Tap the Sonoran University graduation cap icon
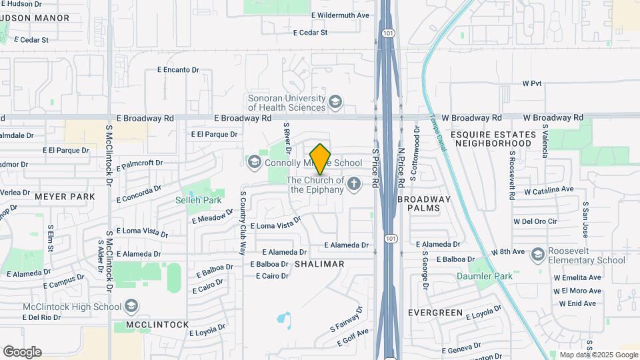(x=335, y=102)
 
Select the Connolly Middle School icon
(x=253, y=162)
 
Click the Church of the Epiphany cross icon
(x=354, y=183)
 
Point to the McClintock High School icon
(x=131, y=307)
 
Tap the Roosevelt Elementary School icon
(x=537, y=253)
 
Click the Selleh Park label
(x=198, y=200)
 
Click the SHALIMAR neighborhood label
(x=319, y=264)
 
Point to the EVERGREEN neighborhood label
(x=435, y=312)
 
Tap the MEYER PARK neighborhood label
(x=65, y=197)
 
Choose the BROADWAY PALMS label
(x=424, y=203)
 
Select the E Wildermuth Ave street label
(x=340, y=15)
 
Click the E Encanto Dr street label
(x=178, y=69)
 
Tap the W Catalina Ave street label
(x=549, y=190)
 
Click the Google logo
(x=22, y=352)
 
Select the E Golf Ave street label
(x=353, y=337)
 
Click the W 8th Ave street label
(x=509, y=251)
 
